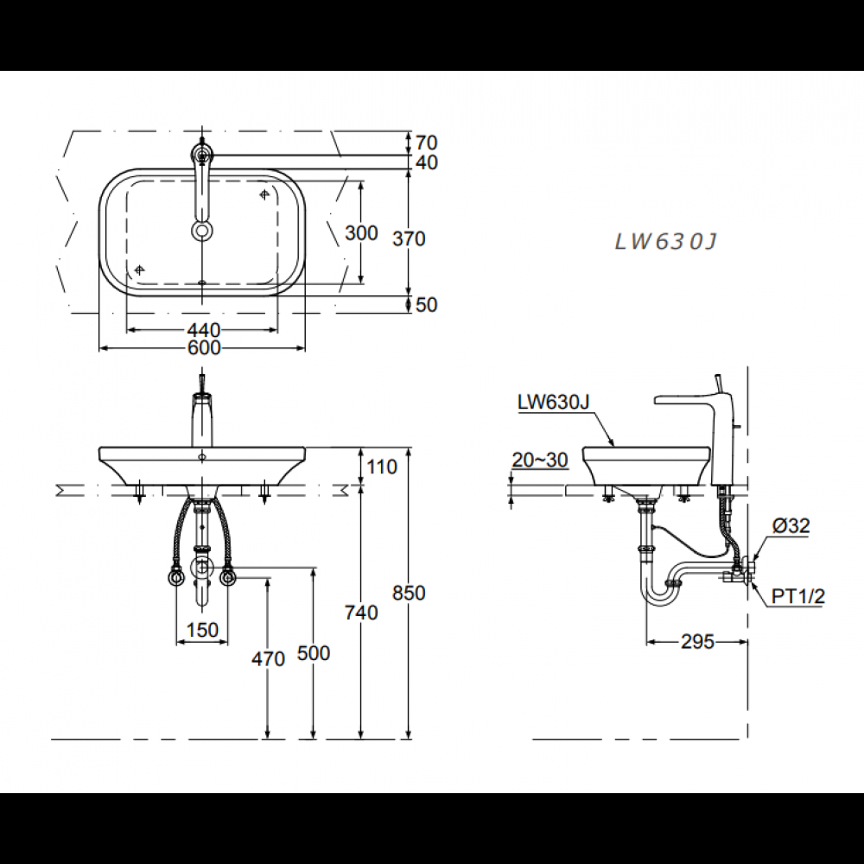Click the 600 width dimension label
[203, 348]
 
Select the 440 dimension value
[203, 330]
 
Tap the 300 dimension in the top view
[361, 233]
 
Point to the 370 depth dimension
[409, 238]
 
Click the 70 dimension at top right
[426, 143]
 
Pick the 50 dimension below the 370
[426, 305]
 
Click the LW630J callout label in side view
[553, 402]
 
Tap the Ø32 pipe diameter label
[791, 524]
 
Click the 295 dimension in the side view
[697, 642]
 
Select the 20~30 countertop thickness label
[540, 461]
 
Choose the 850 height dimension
[409, 594]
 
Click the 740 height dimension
[361, 613]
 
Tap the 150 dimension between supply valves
[202, 631]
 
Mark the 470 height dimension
[268, 658]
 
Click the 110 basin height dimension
[382, 467]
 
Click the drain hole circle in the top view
[201, 230]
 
